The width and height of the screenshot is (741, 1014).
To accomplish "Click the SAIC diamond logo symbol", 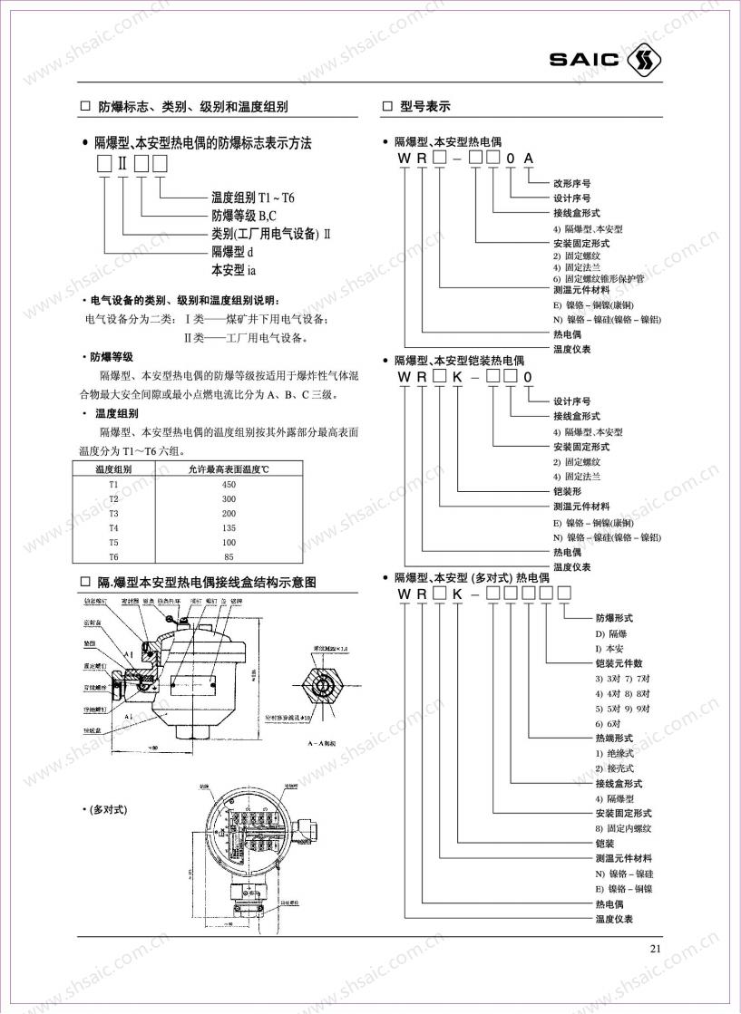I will coord(644,61).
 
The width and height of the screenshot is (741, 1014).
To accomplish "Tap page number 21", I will coord(657,949).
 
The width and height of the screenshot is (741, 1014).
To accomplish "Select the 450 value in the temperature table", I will coord(229,484).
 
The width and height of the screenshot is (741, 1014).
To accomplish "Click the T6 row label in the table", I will coord(113,556).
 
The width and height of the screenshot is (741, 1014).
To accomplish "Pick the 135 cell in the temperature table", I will coord(229,527).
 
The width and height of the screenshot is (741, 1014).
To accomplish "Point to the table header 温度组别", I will coord(113,469).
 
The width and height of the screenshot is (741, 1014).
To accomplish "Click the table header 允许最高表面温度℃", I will coord(229,469).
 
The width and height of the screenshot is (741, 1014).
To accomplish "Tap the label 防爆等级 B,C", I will coord(238,216).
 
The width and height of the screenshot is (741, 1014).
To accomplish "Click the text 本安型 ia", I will coord(232,269).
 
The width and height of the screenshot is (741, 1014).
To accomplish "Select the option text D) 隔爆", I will coord(612,633).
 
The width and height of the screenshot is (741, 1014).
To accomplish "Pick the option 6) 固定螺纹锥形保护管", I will coord(599,279).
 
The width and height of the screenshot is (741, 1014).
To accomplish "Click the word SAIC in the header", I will coord(584,61).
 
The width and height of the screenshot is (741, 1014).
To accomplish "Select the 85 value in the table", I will coord(229,556).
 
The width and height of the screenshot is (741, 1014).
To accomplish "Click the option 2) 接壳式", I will coord(615,768).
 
